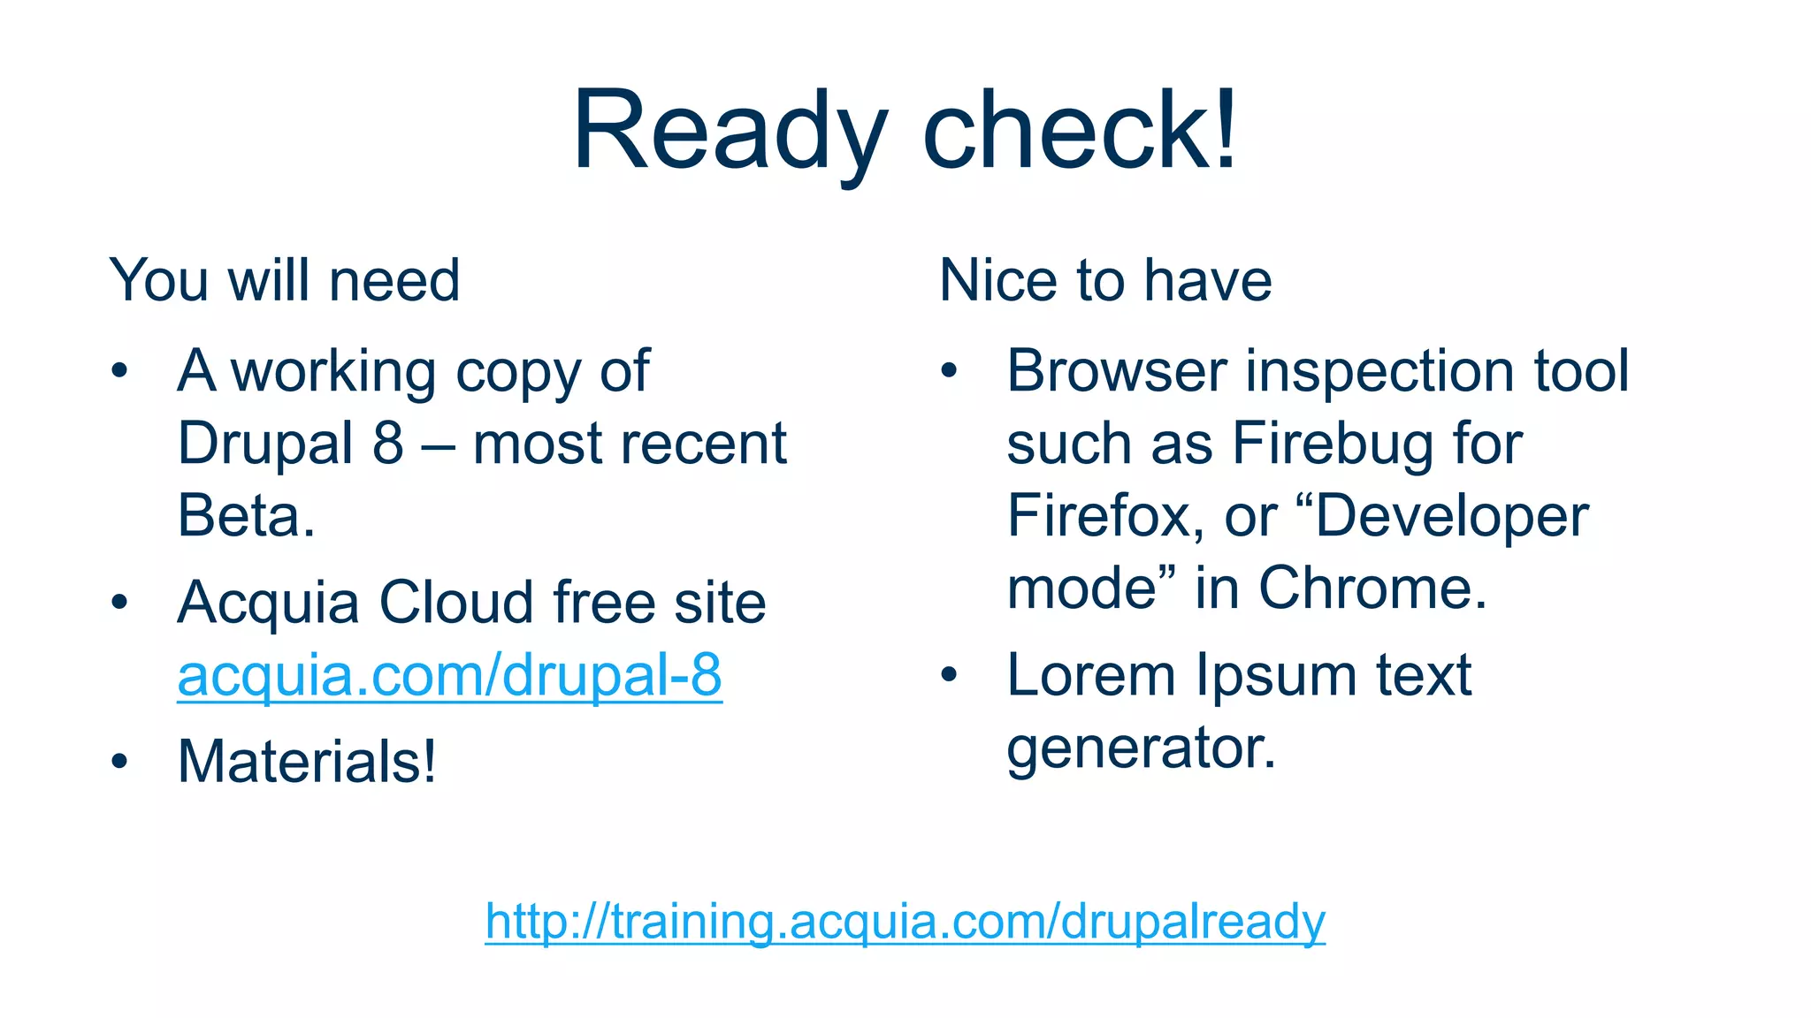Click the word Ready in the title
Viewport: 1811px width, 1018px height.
coord(730,133)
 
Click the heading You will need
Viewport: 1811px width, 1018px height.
coord(284,280)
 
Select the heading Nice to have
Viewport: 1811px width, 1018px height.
coord(1105,280)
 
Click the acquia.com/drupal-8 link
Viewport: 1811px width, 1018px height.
coord(449,676)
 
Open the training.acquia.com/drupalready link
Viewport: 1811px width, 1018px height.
coord(905,922)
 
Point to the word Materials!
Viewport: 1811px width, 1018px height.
coord(307,761)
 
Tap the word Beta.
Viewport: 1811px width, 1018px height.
coord(246,516)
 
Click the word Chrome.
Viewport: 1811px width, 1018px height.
coord(1372,589)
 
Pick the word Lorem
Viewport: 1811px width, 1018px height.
coord(1091,676)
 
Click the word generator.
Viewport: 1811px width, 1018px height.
coord(1141,749)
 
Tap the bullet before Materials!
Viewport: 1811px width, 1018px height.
coord(119,762)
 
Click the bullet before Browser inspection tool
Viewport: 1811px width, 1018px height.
coord(949,371)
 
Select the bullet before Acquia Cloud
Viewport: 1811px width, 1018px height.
coord(119,604)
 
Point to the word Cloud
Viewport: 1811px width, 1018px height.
coord(456,604)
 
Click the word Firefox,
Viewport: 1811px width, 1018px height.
coord(1105,516)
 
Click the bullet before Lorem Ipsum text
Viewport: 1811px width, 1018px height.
coord(949,676)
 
